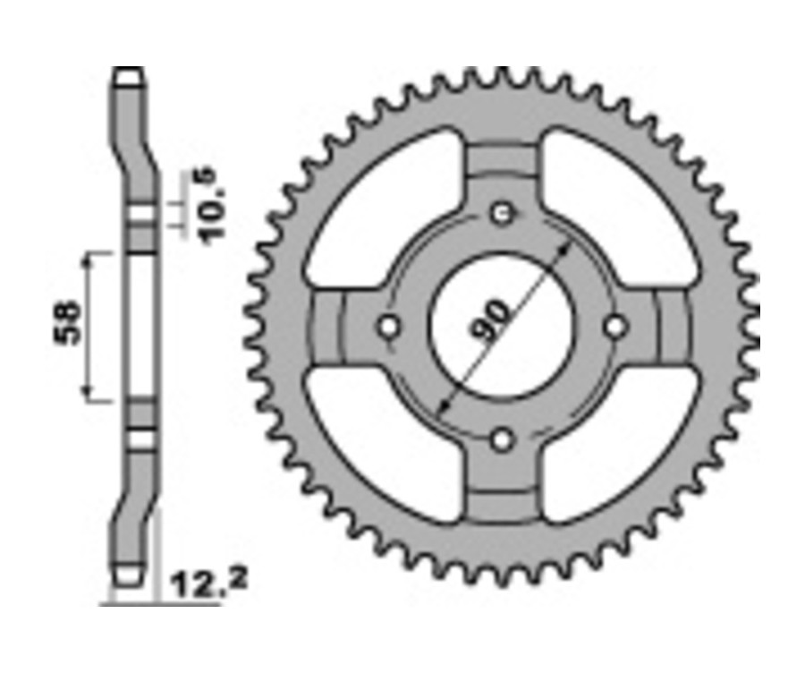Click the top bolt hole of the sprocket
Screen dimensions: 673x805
[x=503, y=214]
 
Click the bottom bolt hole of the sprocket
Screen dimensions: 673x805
[x=503, y=439]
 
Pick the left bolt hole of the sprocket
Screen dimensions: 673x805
[x=389, y=327]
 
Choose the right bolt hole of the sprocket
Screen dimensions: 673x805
[x=615, y=327]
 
